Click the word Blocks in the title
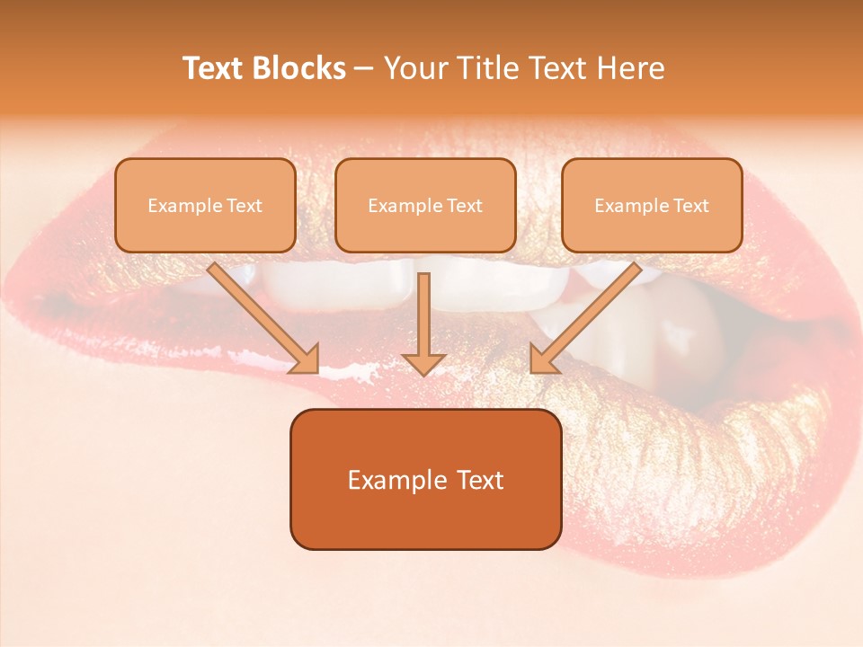302,68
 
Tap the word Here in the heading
629,68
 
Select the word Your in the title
412,68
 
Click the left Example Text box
205,205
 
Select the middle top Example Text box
425,205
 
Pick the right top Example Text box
652,205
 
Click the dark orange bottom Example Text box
425,479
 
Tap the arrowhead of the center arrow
424,363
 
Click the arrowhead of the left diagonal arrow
306,359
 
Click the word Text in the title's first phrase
214,68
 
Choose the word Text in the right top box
690,206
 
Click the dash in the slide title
364,69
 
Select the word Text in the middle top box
464,206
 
